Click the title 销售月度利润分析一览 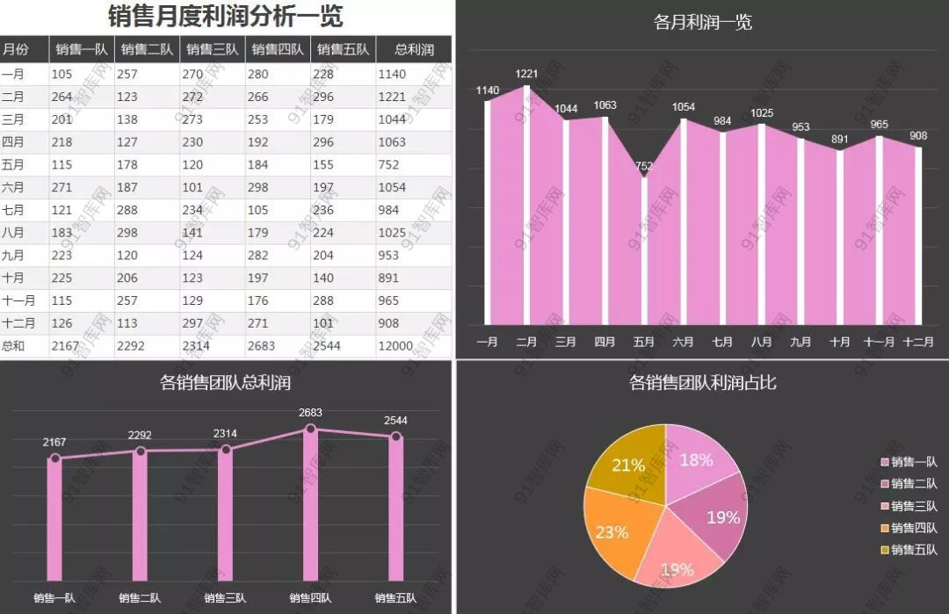pyautogui.click(x=225, y=16)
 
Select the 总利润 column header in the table pyautogui.click(x=414, y=50)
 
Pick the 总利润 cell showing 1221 pyautogui.click(x=392, y=97)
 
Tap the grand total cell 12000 pyautogui.click(x=395, y=346)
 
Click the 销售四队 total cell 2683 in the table pyautogui.click(x=262, y=346)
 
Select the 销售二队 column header pyautogui.click(x=147, y=50)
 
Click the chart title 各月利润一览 pyautogui.click(x=703, y=22)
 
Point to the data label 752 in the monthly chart pyautogui.click(x=644, y=166)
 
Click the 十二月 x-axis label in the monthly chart pyautogui.click(x=918, y=342)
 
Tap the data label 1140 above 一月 pyautogui.click(x=487, y=90)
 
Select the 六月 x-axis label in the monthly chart pyautogui.click(x=683, y=342)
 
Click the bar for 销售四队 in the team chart pyautogui.click(x=310, y=505)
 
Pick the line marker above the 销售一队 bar pyautogui.click(x=55, y=459)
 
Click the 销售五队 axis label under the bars pyautogui.click(x=395, y=598)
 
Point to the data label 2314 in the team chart pyautogui.click(x=225, y=434)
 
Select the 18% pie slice pyautogui.click(x=699, y=461)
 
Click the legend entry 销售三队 pyautogui.click(x=909, y=506)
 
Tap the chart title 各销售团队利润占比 pyautogui.click(x=703, y=382)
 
